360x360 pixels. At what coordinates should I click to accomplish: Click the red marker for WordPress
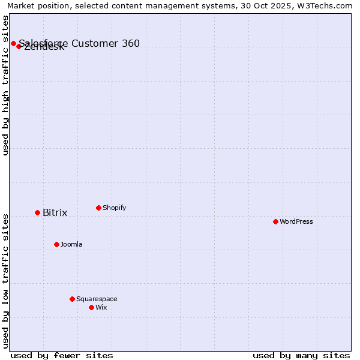point(275,221)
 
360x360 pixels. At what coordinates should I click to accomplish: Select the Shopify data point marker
point(98,208)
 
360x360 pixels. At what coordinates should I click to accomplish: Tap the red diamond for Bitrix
point(37,212)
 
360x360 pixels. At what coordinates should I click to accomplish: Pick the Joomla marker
point(56,244)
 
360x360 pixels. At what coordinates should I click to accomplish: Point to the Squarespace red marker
point(72,299)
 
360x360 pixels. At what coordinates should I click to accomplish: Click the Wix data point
point(91,307)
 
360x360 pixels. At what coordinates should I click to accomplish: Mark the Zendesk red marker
point(19,46)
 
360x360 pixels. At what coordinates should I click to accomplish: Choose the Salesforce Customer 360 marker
point(13,43)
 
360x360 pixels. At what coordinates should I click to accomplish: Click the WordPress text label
point(296,222)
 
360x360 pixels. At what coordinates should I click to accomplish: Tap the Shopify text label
point(114,208)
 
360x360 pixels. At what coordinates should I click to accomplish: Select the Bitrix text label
point(55,213)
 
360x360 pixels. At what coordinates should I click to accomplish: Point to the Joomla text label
point(71,245)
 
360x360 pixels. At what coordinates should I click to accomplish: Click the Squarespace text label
point(97,299)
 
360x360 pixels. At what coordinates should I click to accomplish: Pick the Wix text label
point(101,308)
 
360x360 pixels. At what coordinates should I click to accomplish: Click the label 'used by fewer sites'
point(62,355)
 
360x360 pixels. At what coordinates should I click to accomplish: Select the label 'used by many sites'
point(301,355)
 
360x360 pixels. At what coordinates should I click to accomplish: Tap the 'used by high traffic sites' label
point(6,85)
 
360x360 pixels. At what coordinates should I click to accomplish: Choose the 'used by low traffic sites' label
point(6,280)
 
